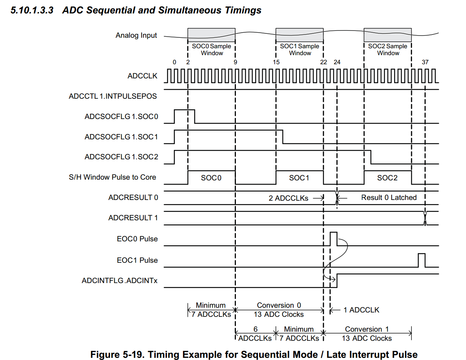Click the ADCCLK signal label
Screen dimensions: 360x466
tap(142, 76)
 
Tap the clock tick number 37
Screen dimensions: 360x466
tap(425, 62)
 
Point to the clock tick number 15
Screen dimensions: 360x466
tap(276, 62)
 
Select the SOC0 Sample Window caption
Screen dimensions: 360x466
tap(212, 49)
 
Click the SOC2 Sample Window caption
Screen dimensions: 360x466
tap(388, 49)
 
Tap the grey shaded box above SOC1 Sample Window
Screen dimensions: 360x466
tap(299, 35)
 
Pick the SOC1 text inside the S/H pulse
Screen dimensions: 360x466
tap(299, 178)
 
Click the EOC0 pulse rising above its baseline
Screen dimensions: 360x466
tap(334, 239)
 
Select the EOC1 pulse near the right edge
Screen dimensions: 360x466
tap(421, 260)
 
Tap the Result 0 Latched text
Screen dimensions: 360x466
tap(389, 197)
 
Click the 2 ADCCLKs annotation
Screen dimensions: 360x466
tap(289, 198)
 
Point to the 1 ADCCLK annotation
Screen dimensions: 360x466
tap(361, 310)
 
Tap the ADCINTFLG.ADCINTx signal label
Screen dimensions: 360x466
tap(119, 281)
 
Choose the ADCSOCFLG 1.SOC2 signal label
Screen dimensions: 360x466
tap(121, 157)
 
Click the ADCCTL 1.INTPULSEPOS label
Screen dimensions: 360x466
tap(113, 96)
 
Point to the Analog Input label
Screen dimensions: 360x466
tap(136, 35)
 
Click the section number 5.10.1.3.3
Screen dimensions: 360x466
tap(32, 10)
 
